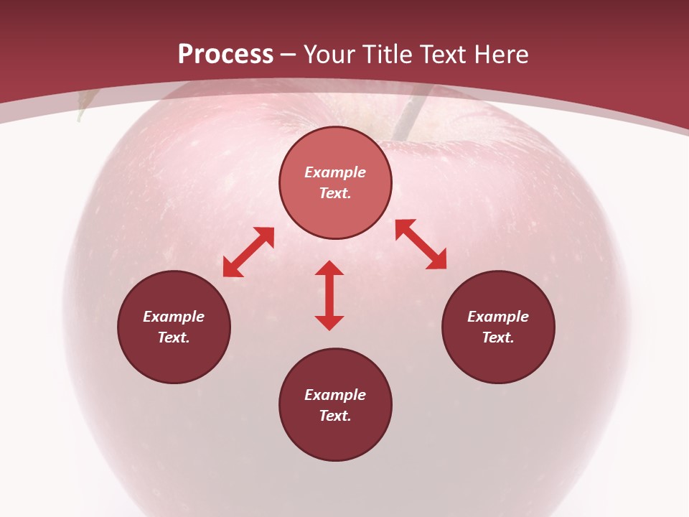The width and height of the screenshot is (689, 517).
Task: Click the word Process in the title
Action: pyautogui.click(x=225, y=55)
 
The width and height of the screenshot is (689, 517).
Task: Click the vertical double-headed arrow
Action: pyautogui.click(x=329, y=295)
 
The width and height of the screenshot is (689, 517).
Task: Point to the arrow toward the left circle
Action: pyautogui.click(x=248, y=252)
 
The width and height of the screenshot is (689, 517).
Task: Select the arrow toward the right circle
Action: pyautogui.click(x=421, y=244)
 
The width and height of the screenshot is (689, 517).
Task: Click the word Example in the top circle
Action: pyautogui.click(x=335, y=172)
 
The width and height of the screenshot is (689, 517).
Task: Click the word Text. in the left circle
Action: pyautogui.click(x=174, y=337)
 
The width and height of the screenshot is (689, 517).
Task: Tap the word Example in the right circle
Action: pyautogui.click(x=498, y=317)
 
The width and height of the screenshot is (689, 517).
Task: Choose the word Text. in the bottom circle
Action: pyautogui.click(x=335, y=416)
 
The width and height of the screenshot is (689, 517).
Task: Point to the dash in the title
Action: pyautogui.click(x=289, y=55)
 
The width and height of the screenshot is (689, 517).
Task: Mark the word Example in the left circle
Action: pyautogui.click(x=174, y=317)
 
